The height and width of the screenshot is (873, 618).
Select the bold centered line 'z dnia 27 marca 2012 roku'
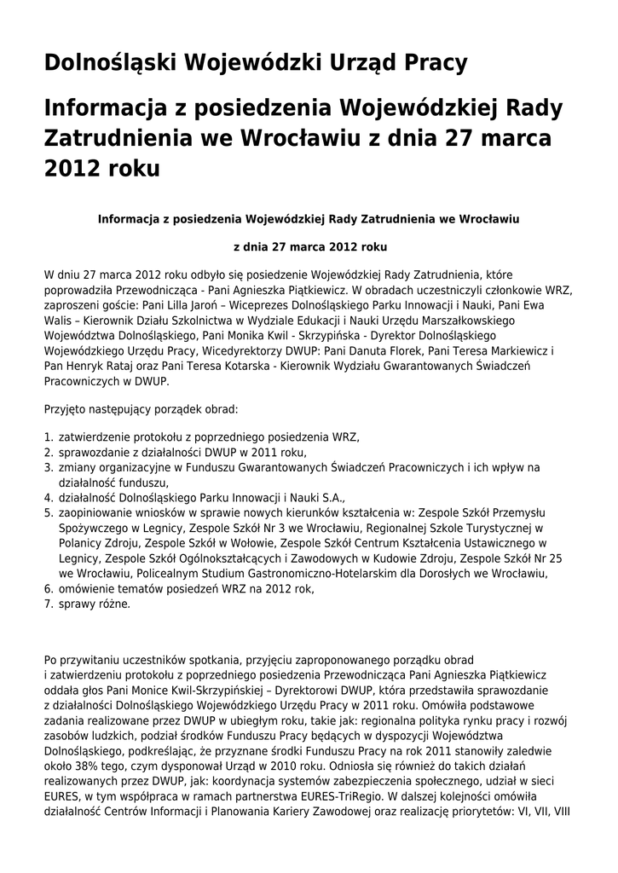(x=309, y=247)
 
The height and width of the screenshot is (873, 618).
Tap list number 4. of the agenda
(x=49, y=498)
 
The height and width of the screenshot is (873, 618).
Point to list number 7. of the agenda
(x=49, y=604)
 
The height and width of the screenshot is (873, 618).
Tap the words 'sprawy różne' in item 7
(x=95, y=604)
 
